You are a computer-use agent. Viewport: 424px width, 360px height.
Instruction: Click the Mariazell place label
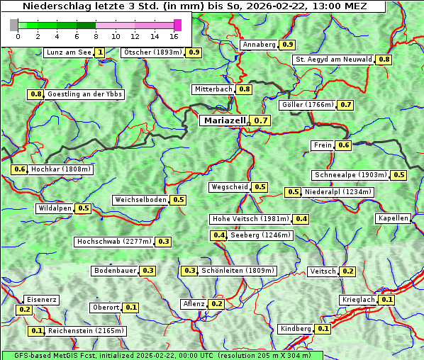[224, 120]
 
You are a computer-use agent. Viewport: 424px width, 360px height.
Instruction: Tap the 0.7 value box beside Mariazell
[261, 120]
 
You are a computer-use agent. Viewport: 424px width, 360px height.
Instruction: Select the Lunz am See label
[68, 52]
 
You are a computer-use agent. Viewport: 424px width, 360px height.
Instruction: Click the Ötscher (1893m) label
[152, 52]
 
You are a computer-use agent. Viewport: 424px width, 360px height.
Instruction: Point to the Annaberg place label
[259, 45]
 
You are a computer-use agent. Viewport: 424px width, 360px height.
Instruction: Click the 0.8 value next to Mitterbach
[245, 89]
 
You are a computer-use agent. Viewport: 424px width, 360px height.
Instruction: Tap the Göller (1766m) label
[307, 105]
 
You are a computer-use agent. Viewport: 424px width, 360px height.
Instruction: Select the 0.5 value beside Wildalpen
[83, 208]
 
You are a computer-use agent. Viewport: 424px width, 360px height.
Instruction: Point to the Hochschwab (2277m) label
[113, 242]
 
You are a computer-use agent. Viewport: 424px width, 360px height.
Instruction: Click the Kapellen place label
[394, 218]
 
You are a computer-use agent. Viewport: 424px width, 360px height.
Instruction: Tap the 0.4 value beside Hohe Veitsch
[301, 219]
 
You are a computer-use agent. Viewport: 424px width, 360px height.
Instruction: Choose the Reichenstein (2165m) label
[87, 330]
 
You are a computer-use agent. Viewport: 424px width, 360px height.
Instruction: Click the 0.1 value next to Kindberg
[323, 329]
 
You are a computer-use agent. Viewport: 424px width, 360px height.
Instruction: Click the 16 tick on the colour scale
[174, 36]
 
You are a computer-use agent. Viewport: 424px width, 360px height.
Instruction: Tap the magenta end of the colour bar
[177, 25]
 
